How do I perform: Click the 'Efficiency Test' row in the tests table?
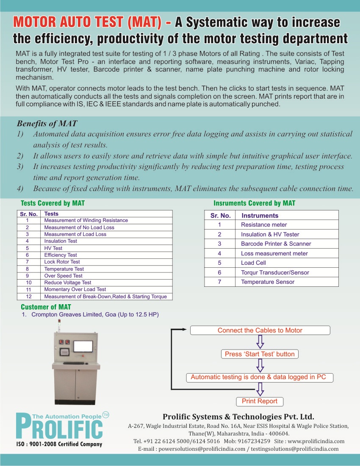pos(61,255)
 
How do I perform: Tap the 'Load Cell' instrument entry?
pos(253,263)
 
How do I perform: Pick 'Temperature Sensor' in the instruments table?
pos(268,282)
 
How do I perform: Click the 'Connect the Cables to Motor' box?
pos(260,330)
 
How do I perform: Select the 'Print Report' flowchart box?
pos(259,401)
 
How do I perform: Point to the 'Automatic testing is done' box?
pos(258,377)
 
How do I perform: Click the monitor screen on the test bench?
pos(83,346)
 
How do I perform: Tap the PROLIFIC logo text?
pos(59,427)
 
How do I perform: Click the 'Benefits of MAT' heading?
pos(47,124)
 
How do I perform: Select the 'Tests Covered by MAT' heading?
pos(53,203)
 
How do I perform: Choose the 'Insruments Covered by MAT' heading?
pos(254,203)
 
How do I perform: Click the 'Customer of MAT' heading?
pos(46,307)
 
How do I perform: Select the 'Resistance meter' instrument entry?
pos(264,225)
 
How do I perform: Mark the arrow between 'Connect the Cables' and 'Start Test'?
pos(260,341)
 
